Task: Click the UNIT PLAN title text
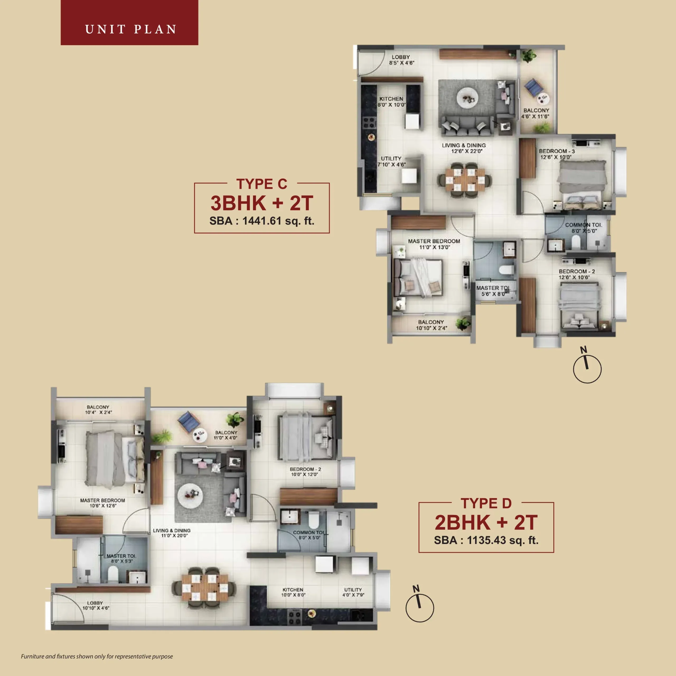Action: [x=130, y=29]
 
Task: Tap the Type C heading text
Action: [x=261, y=184]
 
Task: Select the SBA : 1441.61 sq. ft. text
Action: [x=262, y=221]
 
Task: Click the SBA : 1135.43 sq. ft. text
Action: [x=486, y=540]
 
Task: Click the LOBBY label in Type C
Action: [x=401, y=57]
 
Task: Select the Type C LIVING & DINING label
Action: [x=464, y=145]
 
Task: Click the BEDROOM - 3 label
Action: [x=557, y=151]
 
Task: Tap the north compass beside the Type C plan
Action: [x=587, y=368]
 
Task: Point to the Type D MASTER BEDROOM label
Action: [x=102, y=500]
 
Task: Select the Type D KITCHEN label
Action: [x=293, y=590]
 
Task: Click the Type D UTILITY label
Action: [x=353, y=590]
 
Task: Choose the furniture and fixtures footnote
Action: [x=97, y=656]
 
